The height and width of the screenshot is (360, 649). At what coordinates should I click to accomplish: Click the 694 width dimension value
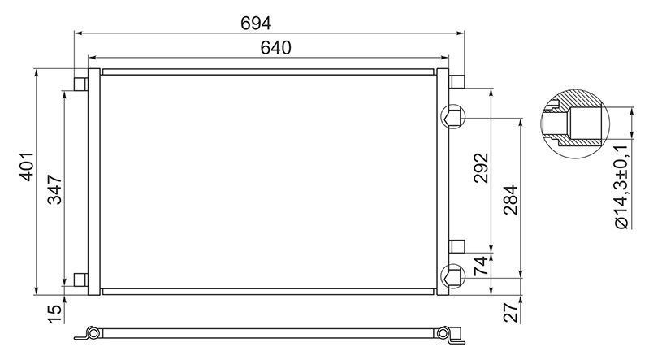pos(256,24)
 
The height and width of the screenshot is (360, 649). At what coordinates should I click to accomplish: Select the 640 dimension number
pos(275,48)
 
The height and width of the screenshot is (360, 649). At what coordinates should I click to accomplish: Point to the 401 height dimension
pos(28,167)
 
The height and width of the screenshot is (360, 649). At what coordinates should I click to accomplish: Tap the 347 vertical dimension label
pos(55,189)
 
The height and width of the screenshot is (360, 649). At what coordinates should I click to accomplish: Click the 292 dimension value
pos(482,167)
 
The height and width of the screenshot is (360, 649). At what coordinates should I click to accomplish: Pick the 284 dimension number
pos(511,200)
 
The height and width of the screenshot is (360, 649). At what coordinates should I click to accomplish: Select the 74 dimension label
pos(482,267)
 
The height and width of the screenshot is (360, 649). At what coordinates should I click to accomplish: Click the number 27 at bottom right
pos(511,312)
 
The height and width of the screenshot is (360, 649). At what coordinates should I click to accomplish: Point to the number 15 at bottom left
pos(55,314)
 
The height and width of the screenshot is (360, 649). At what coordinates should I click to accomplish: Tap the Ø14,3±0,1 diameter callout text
pos(622,187)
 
